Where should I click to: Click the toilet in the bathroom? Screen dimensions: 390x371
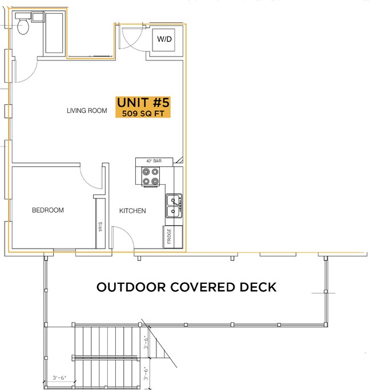pyautogui.click(x=23, y=26)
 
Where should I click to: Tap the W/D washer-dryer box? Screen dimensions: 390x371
pyautogui.click(x=164, y=39)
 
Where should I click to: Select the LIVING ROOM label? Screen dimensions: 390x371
pyautogui.click(x=87, y=111)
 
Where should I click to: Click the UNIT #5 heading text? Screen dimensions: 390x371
pyautogui.click(x=143, y=103)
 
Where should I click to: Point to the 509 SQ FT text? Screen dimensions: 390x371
pyautogui.click(x=143, y=113)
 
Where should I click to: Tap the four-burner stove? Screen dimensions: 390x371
pyautogui.click(x=151, y=176)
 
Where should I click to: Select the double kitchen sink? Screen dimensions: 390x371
pyautogui.click(x=174, y=206)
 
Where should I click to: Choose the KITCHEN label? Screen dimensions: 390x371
pyautogui.click(x=132, y=211)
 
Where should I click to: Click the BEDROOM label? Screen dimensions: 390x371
pyautogui.click(x=47, y=210)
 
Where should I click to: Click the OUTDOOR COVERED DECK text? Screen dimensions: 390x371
pyautogui.click(x=186, y=287)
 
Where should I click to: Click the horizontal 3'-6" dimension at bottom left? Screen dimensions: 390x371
pyautogui.click(x=59, y=377)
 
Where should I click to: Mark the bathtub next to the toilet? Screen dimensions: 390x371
pyautogui.click(x=50, y=34)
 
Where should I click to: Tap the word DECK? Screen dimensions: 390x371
pyautogui.click(x=257, y=287)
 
